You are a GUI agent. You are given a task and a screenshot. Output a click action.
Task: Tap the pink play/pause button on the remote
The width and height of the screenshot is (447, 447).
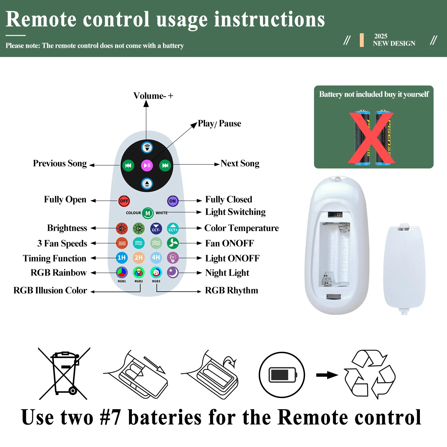tap(147, 165)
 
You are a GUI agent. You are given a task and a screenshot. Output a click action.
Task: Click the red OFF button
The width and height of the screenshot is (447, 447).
tap(124, 201)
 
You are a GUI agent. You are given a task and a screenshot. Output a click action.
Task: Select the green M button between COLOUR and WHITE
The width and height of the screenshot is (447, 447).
tap(148, 213)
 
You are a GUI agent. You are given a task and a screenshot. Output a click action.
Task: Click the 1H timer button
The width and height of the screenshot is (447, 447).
tap(122, 258)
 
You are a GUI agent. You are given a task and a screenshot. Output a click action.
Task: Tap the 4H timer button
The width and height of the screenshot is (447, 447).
tap(156, 258)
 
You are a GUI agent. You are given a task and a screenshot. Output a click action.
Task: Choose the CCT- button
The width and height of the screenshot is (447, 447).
tap(156, 229)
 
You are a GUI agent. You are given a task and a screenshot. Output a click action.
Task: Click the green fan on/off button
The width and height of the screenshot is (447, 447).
tap(173, 243)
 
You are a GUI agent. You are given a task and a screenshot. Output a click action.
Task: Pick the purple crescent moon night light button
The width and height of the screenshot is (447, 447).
tap(173, 272)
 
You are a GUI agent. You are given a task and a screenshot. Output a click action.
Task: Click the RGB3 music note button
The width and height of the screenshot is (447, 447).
tap(156, 272)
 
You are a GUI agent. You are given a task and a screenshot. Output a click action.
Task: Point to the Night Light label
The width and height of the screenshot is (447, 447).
tap(227, 273)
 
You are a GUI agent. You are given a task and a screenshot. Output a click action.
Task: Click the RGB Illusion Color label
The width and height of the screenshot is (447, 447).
tap(50, 291)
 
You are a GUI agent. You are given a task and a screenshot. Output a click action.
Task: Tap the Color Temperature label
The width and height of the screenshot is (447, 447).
tap(241, 228)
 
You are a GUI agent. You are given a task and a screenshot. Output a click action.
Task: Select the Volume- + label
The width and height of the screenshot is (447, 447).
tap(153, 96)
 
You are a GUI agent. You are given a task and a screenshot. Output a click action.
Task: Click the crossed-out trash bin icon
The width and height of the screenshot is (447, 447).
tap(65, 374)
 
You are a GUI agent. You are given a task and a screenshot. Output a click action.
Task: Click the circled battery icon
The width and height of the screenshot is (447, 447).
tap(282, 375)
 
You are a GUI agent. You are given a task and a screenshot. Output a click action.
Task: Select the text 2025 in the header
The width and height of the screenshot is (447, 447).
tap(381, 36)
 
